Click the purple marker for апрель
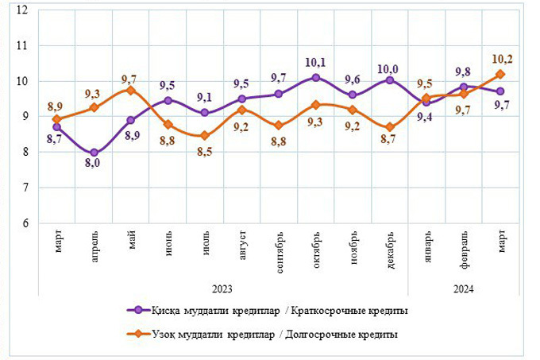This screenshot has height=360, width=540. click(94, 153)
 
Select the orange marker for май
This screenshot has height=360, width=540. click(131, 91)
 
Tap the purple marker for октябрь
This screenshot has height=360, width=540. click(316, 77)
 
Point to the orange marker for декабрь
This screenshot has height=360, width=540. click(390, 127)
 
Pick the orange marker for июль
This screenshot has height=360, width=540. click(205, 135)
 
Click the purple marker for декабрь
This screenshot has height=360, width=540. click(390, 80)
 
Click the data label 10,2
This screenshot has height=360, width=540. click(503, 58)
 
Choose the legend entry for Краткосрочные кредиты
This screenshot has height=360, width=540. click(270, 311)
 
